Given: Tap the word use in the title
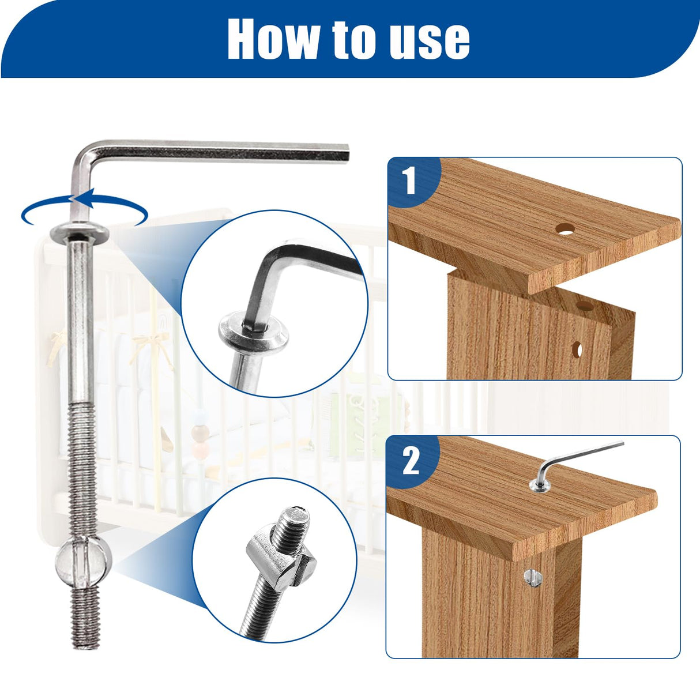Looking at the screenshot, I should pyautogui.click(x=430, y=39).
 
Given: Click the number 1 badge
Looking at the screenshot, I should pyautogui.click(x=409, y=180).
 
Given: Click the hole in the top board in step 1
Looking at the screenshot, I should pyautogui.click(x=566, y=229).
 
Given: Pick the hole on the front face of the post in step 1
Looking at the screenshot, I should pyautogui.click(x=577, y=349).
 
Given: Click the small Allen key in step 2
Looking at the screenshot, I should pyautogui.click(x=577, y=458).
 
